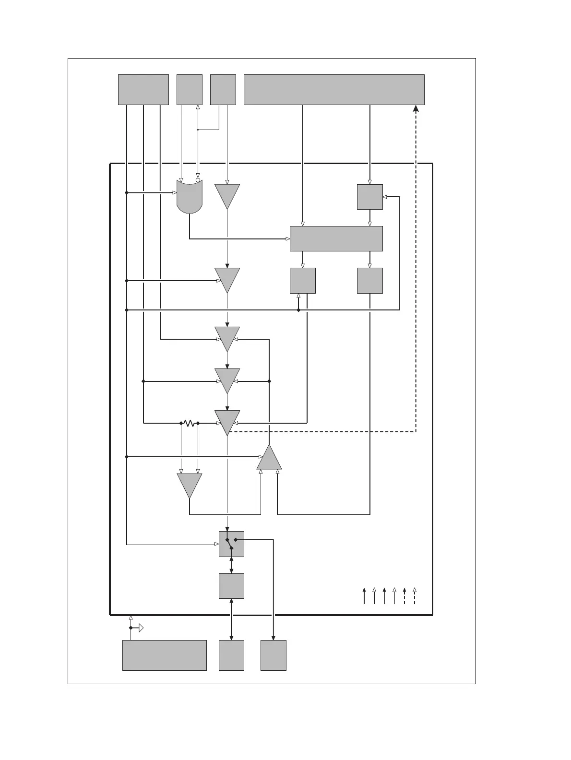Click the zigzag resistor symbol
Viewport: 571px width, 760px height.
(190, 423)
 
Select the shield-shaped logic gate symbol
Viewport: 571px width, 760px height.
(190, 197)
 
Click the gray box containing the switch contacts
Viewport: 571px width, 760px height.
(231, 544)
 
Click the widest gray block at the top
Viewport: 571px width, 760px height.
(334, 89)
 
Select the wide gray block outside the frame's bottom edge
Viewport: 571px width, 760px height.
(164, 655)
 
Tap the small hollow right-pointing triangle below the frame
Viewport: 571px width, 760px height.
(141, 628)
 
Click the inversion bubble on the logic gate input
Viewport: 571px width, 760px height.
(198, 180)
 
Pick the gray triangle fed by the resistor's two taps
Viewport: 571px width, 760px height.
(190, 484)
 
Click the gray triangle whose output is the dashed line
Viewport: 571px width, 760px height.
(227, 421)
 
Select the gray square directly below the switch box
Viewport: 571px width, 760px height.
(231, 586)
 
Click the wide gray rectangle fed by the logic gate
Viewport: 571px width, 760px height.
(336, 238)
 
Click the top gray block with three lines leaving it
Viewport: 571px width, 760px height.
(143, 89)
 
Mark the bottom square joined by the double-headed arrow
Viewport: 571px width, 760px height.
(231, 655)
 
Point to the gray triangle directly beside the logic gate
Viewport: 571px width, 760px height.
(227, 196)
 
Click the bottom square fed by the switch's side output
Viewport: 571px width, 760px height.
(274, 655)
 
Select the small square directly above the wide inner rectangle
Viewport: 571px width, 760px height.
(369, 197)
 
